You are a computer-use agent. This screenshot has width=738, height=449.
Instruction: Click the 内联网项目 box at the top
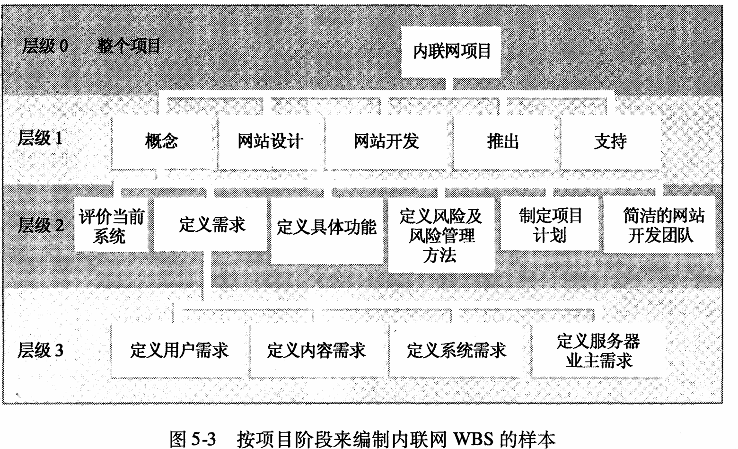pos(451,52)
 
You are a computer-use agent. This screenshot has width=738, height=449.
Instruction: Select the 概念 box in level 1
pos(162,141)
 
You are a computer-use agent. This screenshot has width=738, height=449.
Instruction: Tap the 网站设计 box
pos(270,141)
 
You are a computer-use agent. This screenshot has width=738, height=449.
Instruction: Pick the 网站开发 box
pos(387,141)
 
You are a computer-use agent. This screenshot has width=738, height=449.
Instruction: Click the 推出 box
pos(503,141)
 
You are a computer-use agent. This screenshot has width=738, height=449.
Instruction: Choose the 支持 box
pos(610,141)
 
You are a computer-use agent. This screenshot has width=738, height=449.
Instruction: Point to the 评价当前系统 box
pos(111,226)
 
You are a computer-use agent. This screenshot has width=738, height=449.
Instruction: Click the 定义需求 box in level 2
pos(212,224)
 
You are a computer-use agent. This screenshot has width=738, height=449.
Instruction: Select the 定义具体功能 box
pos(326,227)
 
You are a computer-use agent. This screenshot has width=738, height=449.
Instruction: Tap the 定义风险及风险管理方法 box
pos(440,235)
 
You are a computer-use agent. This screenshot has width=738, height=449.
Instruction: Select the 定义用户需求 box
pos(179,351)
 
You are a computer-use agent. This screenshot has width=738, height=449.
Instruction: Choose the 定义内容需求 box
pos(316,351)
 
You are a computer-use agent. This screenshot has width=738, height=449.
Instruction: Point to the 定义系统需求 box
pos(457,351)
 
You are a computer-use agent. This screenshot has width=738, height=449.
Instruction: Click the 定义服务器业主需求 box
pos(598,351)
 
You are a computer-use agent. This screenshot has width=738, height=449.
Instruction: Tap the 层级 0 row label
pos(45,46)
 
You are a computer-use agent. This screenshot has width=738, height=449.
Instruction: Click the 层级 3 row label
pos(40,351)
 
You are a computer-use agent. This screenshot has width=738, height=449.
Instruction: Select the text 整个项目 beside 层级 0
pos(129,46)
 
